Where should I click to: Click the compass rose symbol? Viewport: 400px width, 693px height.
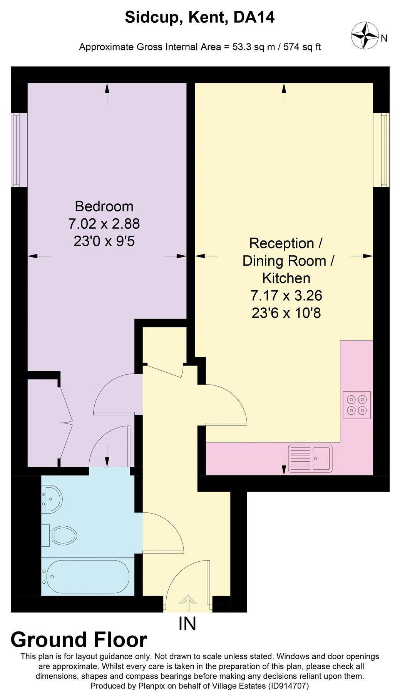pyautogui.click(x=365, y=36)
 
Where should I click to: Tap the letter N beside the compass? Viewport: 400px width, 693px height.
pyautogui.click(x=384, y=38)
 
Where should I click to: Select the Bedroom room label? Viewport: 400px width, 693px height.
pyautogui.click(x=104, y=206)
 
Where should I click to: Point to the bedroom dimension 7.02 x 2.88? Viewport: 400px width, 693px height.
pyautogui.click(x=104, y=224)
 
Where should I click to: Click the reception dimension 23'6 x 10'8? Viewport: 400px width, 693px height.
pyautogui.click(x=286, y=313)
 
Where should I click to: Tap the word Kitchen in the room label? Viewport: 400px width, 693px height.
pyautogui.click(x=286, y=278)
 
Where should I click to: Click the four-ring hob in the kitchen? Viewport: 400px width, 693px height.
pyautogui.click(x=356, y=405)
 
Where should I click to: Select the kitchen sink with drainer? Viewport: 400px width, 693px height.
pyautogui.click(x=310, y=458)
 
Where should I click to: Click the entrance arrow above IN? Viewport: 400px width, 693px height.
pyautogui.click(x=188, y=603)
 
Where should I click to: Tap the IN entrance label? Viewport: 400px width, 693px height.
pyautogui.click(x=187, y=624)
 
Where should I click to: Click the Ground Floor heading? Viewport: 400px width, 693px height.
pyautogui.click(x=79, y=639)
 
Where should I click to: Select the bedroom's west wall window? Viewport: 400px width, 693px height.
pyautogui.click(x=16, y=150)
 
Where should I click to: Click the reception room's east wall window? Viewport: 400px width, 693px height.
pyautogui.click(x=383, y=150)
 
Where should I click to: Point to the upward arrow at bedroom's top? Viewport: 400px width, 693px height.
pyautogui.click(x=107, y=94)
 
